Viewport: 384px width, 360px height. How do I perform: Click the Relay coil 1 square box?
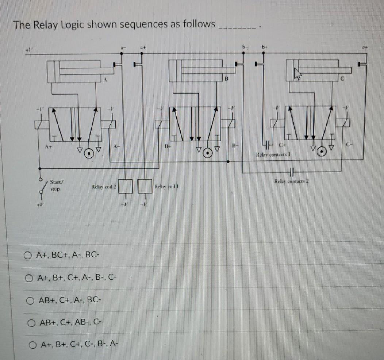145,187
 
